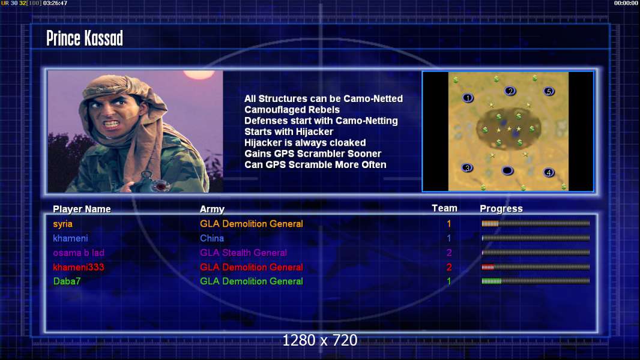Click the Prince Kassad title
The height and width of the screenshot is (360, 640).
(85, 38)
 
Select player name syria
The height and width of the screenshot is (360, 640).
(62, 224)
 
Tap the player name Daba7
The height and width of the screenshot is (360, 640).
(67, 281)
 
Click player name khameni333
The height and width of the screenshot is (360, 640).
(79, 267)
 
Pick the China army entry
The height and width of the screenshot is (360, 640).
(212, 238)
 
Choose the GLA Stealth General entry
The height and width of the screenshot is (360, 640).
(243, 253)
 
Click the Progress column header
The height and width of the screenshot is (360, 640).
(501, 209)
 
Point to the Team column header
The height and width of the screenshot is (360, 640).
(444, 208)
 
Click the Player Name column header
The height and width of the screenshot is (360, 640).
(82, 209)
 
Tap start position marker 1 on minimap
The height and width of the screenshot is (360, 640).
(468, 98)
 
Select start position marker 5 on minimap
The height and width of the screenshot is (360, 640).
(549, 91)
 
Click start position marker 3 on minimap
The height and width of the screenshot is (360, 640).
(467, 168)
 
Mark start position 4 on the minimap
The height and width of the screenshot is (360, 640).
(549, 172)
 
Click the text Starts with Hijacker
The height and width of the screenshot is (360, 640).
(289, 131)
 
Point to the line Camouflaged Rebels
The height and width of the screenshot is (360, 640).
(292, 110)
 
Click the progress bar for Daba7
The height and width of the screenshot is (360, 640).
(536, 281)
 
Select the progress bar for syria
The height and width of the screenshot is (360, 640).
(536, 223)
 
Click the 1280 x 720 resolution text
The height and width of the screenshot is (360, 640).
(320, 340)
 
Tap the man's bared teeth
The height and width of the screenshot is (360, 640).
(111, 123)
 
